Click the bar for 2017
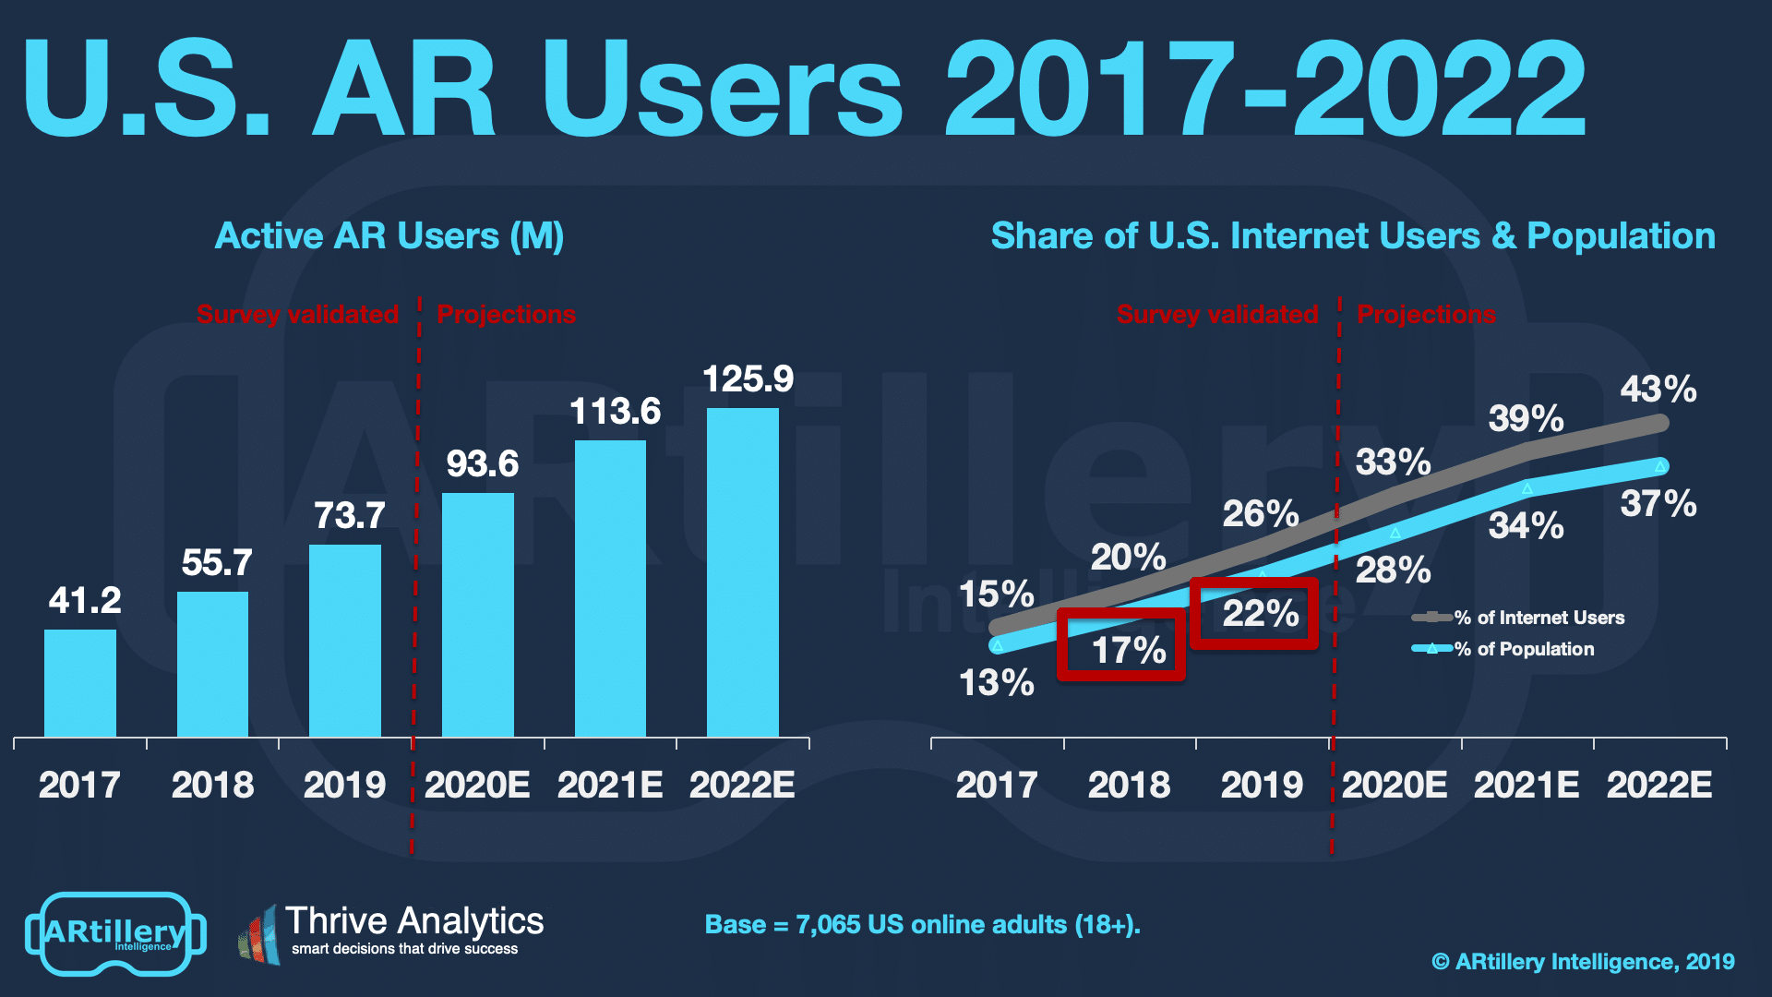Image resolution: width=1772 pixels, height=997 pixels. coord(80,683)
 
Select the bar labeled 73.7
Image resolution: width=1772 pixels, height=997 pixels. coord(345,641)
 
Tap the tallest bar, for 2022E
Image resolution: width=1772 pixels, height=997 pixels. coord(743,572)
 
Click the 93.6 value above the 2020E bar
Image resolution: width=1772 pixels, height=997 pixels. coord(482,463)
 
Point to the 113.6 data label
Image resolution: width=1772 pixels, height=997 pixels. coord(615,412)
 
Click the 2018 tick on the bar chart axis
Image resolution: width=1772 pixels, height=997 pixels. coord(212,785)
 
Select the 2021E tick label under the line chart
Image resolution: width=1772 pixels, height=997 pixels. coord(1527,785)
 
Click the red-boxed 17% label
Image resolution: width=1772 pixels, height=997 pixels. coord(1128,650)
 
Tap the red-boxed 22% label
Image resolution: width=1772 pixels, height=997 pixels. coord(1260,613)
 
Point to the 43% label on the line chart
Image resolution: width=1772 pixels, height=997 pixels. coord(1658,389)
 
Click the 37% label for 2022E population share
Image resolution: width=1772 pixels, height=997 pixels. coord(1658,504)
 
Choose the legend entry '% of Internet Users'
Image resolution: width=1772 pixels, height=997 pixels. coord(1538,618)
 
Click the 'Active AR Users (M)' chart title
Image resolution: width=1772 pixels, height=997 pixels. coord(389,236)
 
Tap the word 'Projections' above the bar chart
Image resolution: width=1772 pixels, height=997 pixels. coord(506,314)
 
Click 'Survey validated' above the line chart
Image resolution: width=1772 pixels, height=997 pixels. coord(1216,314)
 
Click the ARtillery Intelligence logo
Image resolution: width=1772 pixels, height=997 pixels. coord(115,933)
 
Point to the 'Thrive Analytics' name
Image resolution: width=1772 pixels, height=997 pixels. coord(414,920)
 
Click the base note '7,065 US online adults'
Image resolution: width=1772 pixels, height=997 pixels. coord(922,924)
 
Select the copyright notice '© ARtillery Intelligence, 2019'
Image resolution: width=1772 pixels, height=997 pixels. coord(1583,962)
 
